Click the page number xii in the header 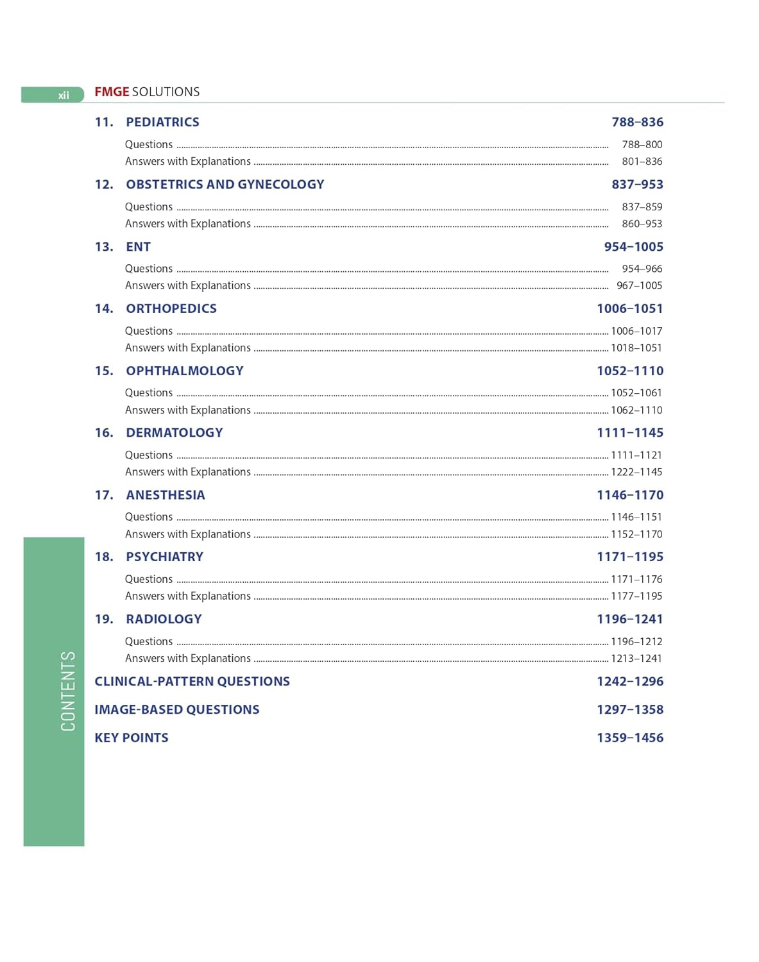tap(64, 96)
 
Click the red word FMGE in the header tap(112, 92)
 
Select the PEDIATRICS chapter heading tap(162, 122)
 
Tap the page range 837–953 tap(637, 184)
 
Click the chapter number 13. tap(104, 246)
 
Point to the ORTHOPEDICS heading tap(171, 308)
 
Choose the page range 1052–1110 tap(630, 371)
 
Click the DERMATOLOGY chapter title tap(175, 432)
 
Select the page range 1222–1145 tap(636, 471)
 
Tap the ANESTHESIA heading tap(166, 494)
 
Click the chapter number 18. tap(104, 557)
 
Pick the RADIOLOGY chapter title tap(164, 619)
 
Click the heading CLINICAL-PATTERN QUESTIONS tap(192, 681)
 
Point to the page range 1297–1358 tap(630, 709)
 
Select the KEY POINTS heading tap(132, 738)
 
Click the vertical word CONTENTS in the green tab tap(68, 691)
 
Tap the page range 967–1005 tap(639, 285)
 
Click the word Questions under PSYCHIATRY tap(149, 579)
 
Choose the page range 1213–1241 tap(636, 658)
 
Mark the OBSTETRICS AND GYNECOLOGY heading tap(225, 184)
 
